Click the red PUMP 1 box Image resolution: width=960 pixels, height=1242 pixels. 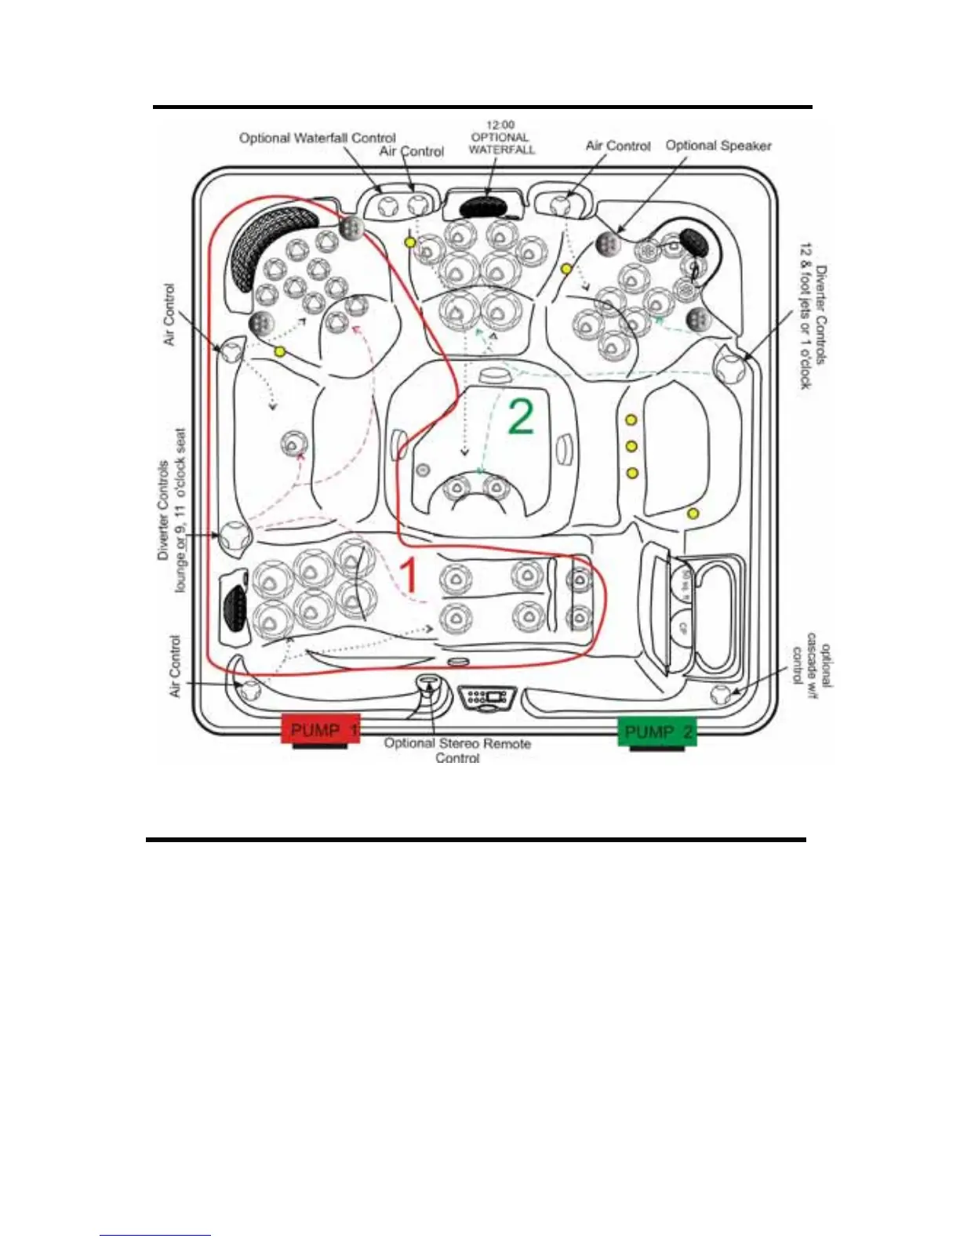point(320,730)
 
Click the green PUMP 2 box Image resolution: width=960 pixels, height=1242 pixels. point(657,732)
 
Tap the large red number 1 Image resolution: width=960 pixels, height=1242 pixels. point(409,576)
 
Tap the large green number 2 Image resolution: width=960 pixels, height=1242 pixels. point(521,416)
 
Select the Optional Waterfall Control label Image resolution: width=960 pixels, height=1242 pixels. point(317,138)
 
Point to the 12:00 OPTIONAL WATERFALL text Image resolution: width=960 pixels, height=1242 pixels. point(501,137)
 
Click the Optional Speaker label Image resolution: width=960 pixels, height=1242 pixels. point(718,146)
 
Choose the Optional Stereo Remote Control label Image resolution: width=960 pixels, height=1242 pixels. point(457,750)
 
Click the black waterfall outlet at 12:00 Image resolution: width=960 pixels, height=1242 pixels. point(485,206)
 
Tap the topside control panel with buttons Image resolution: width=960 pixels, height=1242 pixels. point(488,696)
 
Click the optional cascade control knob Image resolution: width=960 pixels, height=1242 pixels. point(721,694)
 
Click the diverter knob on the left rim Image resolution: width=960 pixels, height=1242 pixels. point(235,537)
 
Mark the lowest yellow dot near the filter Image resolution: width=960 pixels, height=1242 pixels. point(693,514)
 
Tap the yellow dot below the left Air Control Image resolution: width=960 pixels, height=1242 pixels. point(279,352)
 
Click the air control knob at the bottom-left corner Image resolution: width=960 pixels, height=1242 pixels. point(249,690)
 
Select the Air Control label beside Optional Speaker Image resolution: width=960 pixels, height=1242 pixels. point(618,146)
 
